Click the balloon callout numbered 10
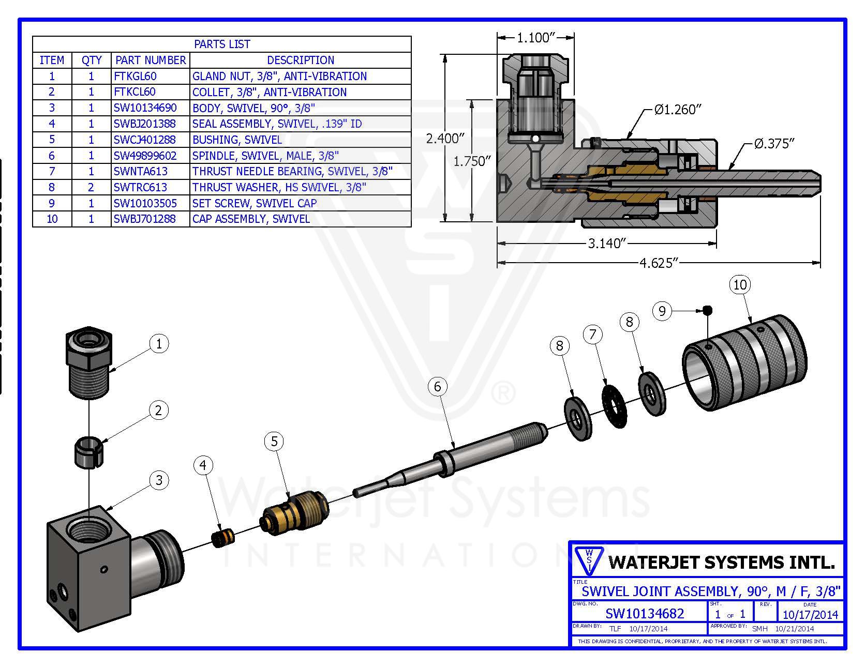click(740, 284)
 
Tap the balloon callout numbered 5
click(274, 441)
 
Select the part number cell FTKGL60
click(135, 76)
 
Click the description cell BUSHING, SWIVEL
click(237, 140)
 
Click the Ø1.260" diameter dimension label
click(677, 110)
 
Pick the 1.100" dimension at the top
click(535, 37)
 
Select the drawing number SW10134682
click(645, 614)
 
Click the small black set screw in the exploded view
click(708, 310)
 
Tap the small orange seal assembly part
click(223, 536)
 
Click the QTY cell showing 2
click(92, 187)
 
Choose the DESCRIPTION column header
click(300, 60)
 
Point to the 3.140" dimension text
click(607, 243)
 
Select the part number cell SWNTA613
click(141, 171)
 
